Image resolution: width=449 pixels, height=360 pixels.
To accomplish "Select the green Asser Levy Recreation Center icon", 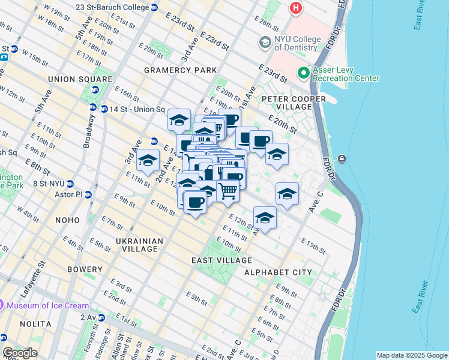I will (304, 73).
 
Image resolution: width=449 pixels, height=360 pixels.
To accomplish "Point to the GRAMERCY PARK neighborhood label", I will (180, 70).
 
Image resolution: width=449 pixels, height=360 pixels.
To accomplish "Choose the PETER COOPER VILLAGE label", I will (294, 103).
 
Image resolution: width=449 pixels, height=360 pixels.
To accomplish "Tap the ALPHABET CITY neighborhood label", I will (278, 272).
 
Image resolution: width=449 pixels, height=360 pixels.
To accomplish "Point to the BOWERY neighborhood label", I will (84, 269).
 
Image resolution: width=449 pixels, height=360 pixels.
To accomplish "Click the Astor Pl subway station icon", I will (88, 195).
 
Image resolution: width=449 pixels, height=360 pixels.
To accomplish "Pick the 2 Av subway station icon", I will (101, 317).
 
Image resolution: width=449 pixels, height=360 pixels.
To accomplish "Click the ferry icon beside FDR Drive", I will (342, 158).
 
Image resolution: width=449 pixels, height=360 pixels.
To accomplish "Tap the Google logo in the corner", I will (20, 353).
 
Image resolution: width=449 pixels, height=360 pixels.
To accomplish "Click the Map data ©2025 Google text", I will (411, 355).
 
